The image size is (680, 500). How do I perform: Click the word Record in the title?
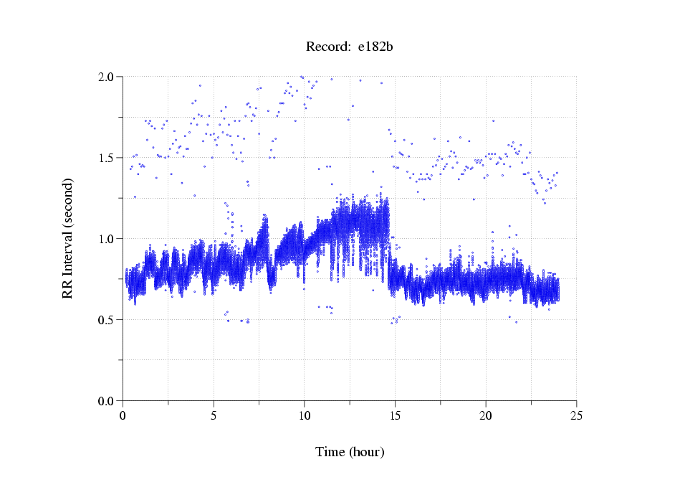[326, 47]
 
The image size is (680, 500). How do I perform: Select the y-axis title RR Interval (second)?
[67, 237]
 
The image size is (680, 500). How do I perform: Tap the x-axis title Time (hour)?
[350, 452]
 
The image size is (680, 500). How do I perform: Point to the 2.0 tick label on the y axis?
[107, 77]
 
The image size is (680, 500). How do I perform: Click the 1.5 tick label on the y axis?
[107, 158]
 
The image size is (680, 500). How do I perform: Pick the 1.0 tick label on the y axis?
[107, 239]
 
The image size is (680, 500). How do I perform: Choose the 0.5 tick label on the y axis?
[107, 320]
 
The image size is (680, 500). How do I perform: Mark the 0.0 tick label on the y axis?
[107, 401]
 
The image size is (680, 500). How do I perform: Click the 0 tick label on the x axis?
[123, 416]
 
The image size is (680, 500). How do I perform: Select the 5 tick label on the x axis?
[214, 416]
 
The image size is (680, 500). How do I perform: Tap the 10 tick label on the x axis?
[305, 416]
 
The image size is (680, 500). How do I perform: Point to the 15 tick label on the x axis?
[395, 416]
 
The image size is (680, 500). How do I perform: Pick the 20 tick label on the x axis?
[486, 416]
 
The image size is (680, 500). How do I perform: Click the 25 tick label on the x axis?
[576, 416]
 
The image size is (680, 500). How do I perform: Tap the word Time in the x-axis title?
[330, 452]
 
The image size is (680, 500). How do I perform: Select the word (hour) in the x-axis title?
[366, 452]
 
